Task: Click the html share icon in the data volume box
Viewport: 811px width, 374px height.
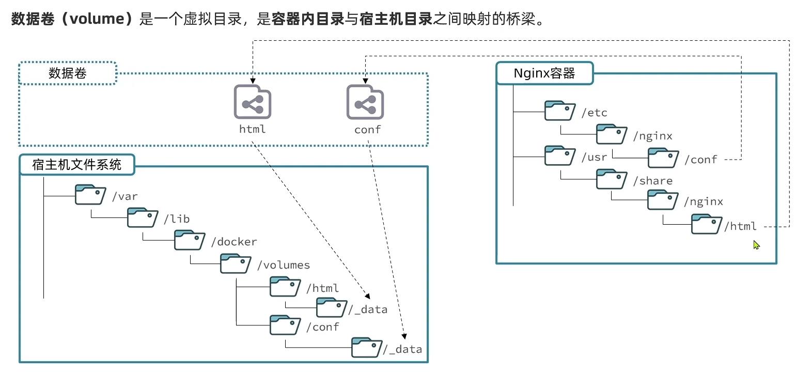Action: [253, 102]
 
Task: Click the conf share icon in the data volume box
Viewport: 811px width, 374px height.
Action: [365, 102]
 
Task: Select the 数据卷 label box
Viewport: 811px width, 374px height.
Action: [68, 73]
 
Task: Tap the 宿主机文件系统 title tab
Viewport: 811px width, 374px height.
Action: [77, 165]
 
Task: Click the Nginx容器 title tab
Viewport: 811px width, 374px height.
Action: [544, 73]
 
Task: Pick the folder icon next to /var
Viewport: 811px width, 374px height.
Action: [90, 195]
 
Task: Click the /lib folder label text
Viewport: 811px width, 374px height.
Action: [177, 219]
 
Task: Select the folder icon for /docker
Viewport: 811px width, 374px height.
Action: [190, 240]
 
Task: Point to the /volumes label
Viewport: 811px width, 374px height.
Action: [284, 265]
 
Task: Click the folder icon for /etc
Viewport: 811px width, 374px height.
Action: [560, 111]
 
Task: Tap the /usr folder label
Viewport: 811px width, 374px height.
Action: [594, 157]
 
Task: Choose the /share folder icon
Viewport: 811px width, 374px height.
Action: [612, 179]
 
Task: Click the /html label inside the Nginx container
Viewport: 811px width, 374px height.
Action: [740, 226]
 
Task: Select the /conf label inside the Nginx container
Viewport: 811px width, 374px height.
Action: [700, 160]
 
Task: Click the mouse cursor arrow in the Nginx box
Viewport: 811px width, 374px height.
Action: [756, 245]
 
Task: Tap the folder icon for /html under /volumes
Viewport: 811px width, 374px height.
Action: [285, 286]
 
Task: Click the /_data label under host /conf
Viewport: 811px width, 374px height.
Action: [402, 349]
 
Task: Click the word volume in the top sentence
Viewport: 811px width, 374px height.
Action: [97, 19]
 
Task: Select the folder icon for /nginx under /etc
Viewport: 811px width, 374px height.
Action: [612, 134]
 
